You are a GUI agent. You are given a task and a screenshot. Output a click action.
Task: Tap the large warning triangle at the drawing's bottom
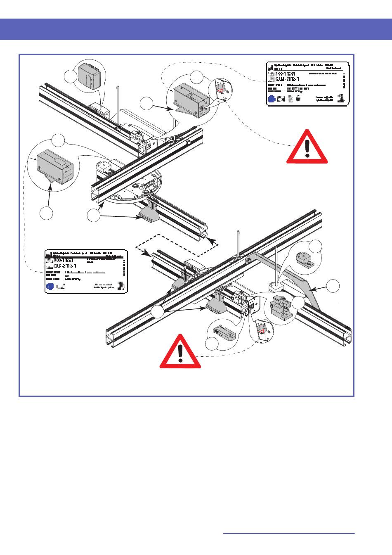pos(180,352)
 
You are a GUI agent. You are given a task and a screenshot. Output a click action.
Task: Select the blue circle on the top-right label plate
pos(272,99)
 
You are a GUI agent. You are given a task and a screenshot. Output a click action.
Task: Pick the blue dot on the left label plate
pos(50,286)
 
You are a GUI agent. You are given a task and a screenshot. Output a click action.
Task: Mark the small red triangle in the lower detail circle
pos(261,330)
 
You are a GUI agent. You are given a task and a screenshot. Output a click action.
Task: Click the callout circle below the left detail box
pos(47,213)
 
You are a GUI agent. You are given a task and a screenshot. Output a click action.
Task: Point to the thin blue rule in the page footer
pos(288,534)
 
